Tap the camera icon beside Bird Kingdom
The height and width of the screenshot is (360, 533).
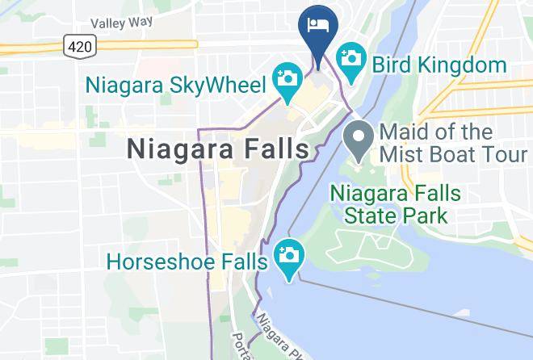(x=353, y=58)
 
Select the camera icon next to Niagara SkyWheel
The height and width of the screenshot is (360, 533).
(x=287, y=78)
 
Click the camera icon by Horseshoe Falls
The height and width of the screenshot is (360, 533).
(x=287, y=255)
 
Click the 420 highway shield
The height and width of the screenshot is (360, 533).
(x=79, y=47)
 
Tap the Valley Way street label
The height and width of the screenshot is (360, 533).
(x=121, y=23)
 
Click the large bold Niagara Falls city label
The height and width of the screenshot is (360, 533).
(x=219, y=149)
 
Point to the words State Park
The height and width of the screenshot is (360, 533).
(x=396, y=216)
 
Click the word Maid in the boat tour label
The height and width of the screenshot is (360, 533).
(x=398, y=132)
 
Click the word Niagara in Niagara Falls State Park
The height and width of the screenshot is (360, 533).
(x=371, y=194)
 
